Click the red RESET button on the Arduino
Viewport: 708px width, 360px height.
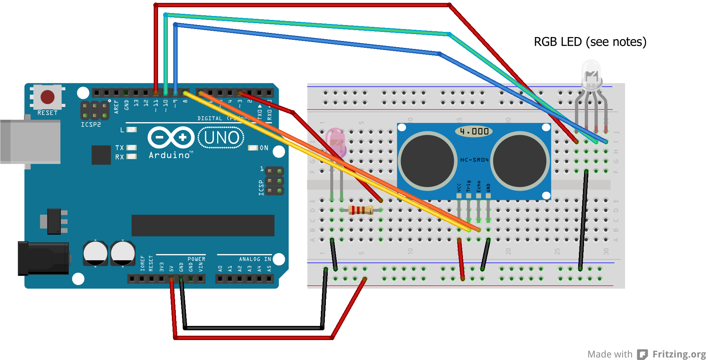47,97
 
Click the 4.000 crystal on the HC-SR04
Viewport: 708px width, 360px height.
474,131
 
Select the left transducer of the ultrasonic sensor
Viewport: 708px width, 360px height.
427,161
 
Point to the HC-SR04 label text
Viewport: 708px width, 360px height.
474,160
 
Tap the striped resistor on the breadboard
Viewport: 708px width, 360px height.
361,210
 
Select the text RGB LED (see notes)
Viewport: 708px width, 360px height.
590,42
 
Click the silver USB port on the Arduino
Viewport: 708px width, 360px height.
30,142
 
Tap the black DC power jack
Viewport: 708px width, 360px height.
44,258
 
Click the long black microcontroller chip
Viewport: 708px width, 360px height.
203,225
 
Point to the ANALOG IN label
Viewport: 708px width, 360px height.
254,259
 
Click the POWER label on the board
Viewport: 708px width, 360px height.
196,259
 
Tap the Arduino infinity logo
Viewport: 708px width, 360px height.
171,137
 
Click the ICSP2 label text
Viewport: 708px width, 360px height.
91,125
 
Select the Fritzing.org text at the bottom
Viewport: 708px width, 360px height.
679,354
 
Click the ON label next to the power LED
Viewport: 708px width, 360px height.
264,148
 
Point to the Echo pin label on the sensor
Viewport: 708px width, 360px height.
479,186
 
